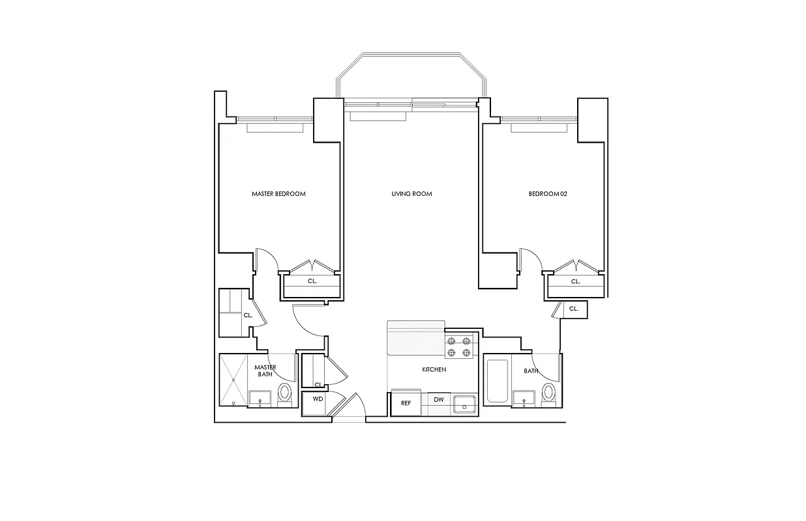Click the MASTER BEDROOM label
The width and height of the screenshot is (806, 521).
tap(278, 194)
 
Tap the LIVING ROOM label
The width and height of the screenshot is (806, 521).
tap(411, 194)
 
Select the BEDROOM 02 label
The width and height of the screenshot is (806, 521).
tap(548, 194)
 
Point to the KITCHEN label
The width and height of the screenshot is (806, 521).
tap(434, 370)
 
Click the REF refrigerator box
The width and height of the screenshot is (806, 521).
tap(406, 403)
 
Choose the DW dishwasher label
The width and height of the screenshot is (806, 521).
tap(439, 400)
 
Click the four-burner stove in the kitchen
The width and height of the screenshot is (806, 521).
tap(458, 346)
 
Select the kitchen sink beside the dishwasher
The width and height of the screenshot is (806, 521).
tap(466, 403)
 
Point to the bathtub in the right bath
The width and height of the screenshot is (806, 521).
tap(497, 381)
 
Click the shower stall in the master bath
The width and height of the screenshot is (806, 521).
tap(233, 381)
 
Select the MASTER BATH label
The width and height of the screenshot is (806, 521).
tap(265, 371)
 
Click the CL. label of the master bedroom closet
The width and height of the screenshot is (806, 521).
tap(312, 282)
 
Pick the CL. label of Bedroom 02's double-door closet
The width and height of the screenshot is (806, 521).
tap(575, 282)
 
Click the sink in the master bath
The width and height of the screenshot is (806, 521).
tap(261, 398)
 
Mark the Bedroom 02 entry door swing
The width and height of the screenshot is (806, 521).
tap(531, 260)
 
